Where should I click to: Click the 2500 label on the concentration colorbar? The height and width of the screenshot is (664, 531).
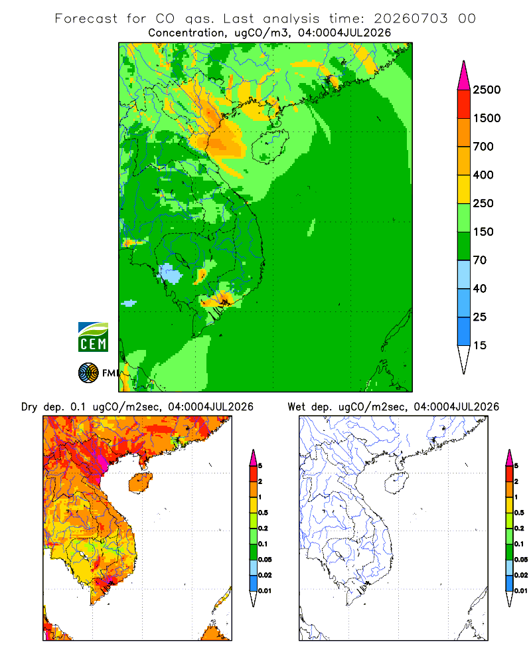[x=487, y=90]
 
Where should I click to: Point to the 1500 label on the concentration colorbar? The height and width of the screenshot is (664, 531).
[x=487, y=118]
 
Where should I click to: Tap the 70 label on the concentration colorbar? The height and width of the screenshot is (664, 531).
[x=480, y=260]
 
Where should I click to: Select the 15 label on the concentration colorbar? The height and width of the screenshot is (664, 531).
[x=480, y=345]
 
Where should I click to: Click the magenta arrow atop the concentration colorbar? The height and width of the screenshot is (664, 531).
[x=464, y=76]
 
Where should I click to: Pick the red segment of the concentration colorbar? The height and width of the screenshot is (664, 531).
[x=464, y=104]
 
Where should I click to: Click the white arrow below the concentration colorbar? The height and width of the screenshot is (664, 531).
[x=464, y=359]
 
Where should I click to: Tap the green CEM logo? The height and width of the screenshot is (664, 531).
[x=93, y=337]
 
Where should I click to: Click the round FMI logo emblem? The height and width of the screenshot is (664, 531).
[x=88, y=373]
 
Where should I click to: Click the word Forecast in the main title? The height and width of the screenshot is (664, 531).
[x=86, y=19]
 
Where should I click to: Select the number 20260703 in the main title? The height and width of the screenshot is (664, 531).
[x=410, y=19]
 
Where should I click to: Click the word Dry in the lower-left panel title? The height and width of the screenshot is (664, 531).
[x=29, y=407]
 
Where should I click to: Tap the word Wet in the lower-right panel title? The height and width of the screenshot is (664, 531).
[x=296, y=407]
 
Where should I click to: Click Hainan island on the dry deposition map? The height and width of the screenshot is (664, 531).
[x=141, y=483]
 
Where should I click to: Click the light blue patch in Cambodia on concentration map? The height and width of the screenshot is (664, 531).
[x=170, y=274]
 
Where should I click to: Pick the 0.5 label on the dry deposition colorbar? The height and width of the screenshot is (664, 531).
[x=263, y=513]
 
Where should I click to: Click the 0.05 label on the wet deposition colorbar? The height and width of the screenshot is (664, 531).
[x=521, y=560]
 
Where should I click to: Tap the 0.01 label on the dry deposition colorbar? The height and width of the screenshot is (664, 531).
[x=265, y=591]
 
